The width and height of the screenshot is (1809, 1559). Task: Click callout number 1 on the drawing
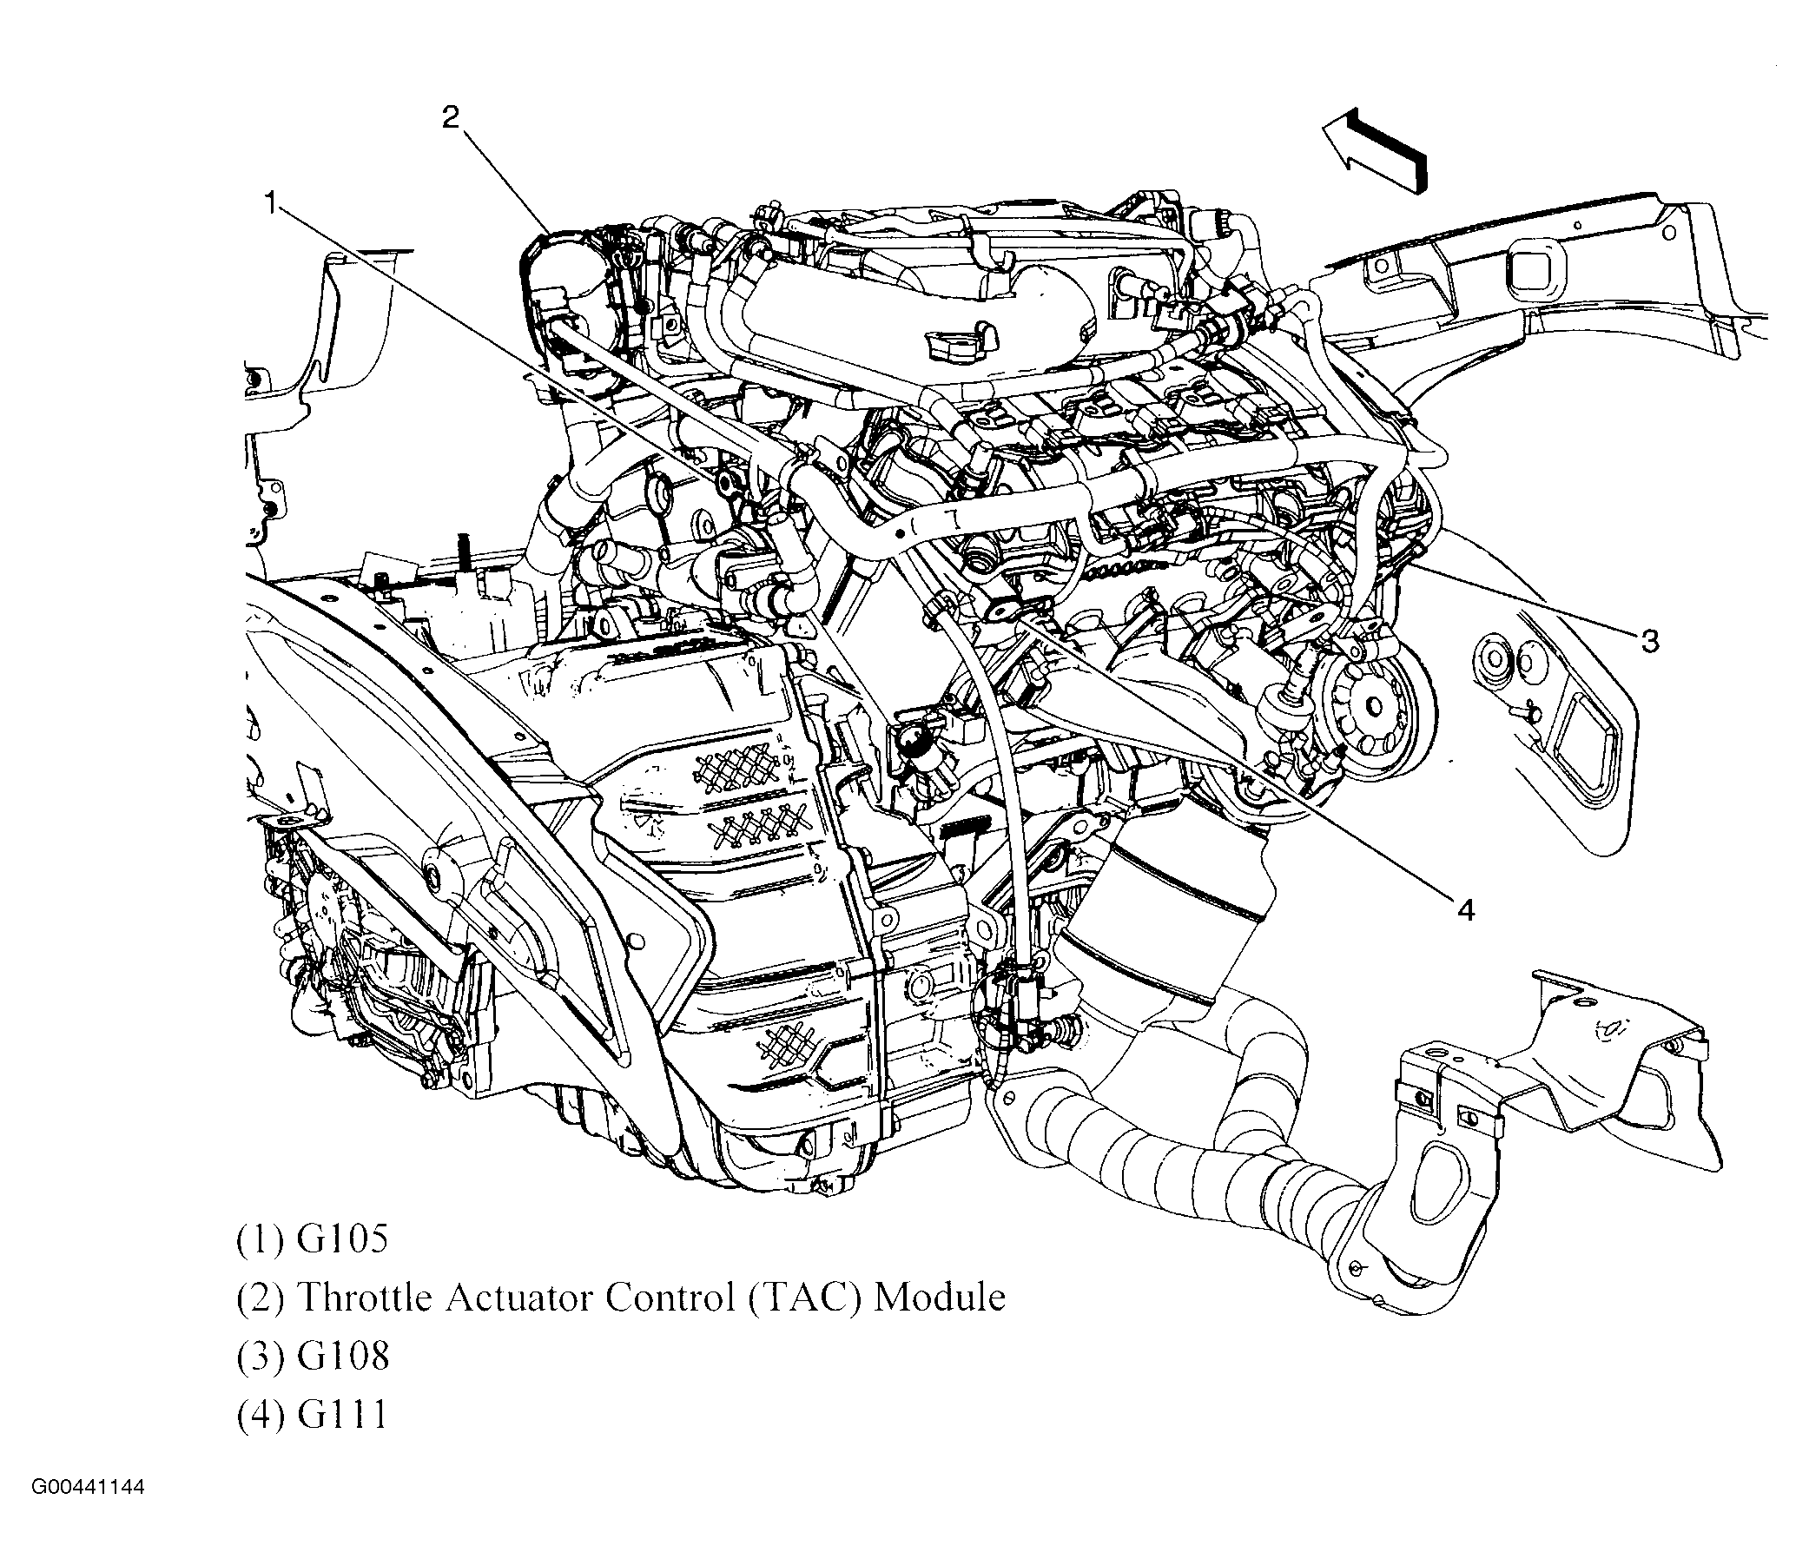[x=272, y=203]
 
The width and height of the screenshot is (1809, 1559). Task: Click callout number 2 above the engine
[x=450, y=117]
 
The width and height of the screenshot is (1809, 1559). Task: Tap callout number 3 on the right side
[x=1649, y=642]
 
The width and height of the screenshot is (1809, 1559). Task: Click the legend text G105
[x=342, y=1239]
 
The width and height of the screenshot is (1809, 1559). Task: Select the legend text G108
[x=342, y=1357]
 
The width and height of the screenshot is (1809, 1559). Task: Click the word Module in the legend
[x=941, y=1298]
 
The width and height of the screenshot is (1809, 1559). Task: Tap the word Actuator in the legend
[x=520, y=1298]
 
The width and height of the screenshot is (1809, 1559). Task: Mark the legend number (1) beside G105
[x=261, y=1239]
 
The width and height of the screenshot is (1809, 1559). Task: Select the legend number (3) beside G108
[x=261, y=1357]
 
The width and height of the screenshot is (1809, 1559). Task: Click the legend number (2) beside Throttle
[x=261, y=1298]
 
